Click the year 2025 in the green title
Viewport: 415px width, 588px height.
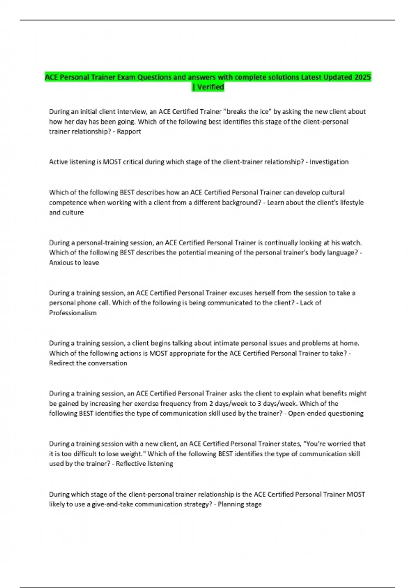point(362,77)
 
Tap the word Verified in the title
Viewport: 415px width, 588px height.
point(210,87)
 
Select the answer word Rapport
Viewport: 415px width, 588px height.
point(129,131)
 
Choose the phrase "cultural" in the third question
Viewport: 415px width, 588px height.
point(333,192)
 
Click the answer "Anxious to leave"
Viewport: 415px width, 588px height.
point(74,263)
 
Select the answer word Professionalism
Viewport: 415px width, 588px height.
point(73,313)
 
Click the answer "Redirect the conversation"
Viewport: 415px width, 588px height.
point(88,363)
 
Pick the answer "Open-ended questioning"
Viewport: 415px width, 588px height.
point(326,413)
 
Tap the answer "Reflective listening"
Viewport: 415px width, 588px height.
point(144,463)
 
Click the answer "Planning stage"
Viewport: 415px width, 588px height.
point(239,504)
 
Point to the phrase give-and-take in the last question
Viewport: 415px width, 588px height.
point(112,504)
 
